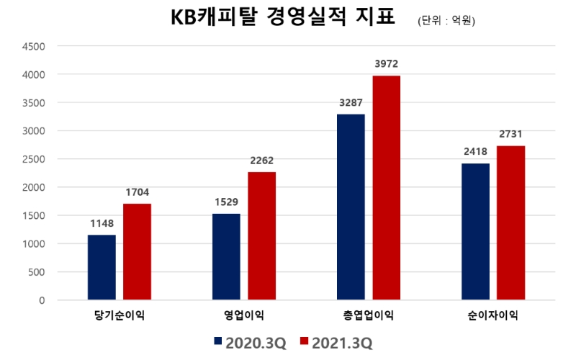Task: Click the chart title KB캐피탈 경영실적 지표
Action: (x=282, y=17)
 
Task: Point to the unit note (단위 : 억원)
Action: (x=446, y=21)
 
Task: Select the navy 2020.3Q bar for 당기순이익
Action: (x=102, y=267)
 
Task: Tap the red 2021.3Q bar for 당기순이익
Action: (x=137, y=251)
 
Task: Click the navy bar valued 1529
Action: (x=226, y=256)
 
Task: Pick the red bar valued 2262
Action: (x=261, y=235)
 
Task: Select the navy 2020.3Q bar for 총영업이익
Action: (x=351, y=207)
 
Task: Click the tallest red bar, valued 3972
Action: (x=386, y=187)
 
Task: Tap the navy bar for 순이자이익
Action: (x=475, y=231)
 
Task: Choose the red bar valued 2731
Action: (x=510, y=222)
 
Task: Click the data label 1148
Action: (x=102, y=223)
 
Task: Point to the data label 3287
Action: (x=351, y=102)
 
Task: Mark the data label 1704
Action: (x=137, y=192)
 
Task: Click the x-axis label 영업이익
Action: (x=244, y=315)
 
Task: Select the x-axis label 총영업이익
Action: (x=369, y=315)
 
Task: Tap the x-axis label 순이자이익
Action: (x=493, y=315)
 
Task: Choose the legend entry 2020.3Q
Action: (x=249, y=342)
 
